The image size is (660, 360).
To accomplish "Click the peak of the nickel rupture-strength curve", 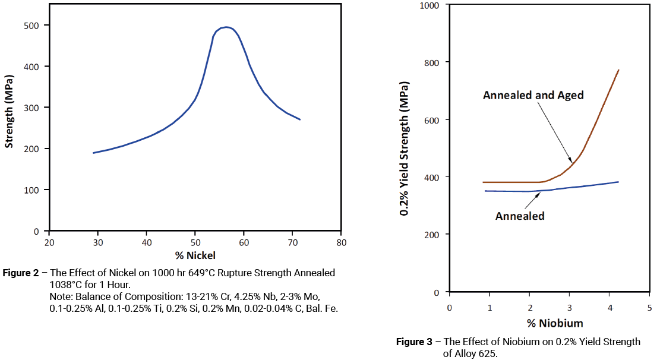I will tap(226, 27).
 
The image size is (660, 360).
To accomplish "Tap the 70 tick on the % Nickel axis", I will tap(292, 242).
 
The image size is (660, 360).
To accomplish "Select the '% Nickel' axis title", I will tap(195, 255).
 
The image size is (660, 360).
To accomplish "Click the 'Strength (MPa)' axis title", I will tap(9, 112).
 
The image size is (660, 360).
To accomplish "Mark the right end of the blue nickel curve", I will tap(300, 119).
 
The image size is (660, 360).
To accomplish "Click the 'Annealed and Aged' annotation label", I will tap(533, 95).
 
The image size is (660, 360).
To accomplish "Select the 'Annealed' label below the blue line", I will tap(520, 216).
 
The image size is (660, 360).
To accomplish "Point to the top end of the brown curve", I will tap(618, 70).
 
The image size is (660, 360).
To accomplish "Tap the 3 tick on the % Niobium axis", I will tap(570, 308).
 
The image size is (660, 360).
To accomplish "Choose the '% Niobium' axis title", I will tap(549, 323).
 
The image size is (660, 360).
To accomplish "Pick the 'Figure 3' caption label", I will tap(414, 342).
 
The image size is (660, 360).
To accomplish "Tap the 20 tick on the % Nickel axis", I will tap(49, 242).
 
